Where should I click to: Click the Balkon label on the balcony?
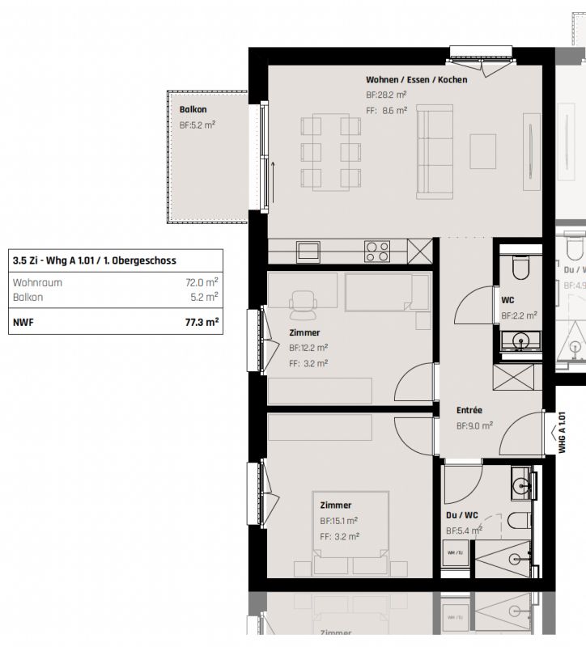coord(193,109)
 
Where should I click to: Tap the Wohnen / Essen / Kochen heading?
coord(416,79)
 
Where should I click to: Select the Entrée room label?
coord(469,410)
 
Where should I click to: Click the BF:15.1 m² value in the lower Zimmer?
coord(338,521)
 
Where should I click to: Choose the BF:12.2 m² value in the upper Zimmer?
coord(308,348)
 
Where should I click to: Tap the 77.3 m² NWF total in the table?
coord(202,321)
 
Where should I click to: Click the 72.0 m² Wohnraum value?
coord(202,282)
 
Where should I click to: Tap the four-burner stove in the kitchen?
coord(377,251)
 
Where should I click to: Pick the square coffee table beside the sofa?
coord(483,150)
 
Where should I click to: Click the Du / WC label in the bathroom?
coord(462,514)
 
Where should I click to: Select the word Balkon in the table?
coord(28,297)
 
